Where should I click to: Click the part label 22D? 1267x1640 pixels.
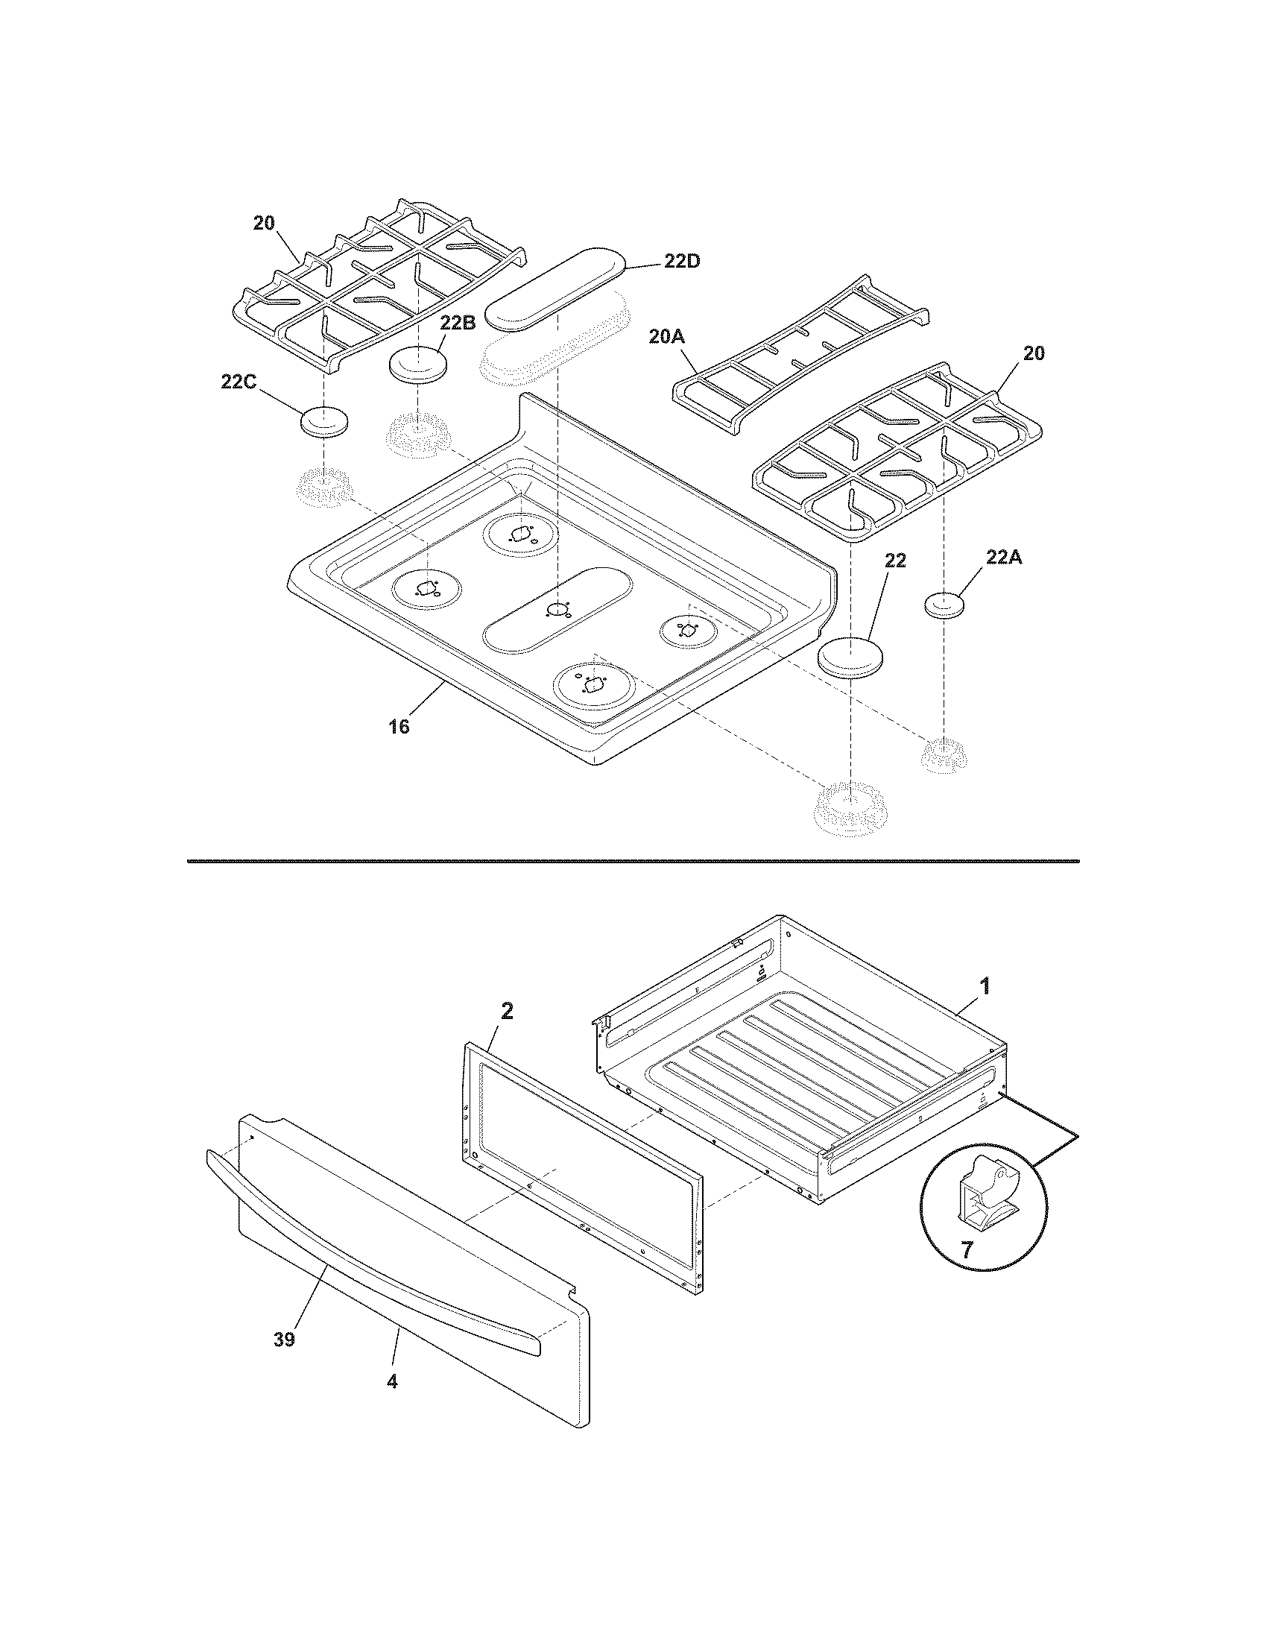point(681,262)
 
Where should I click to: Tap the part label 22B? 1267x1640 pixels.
point(457,324)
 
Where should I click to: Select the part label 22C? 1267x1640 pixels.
point(238,382)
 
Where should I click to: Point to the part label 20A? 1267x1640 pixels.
point(666,338)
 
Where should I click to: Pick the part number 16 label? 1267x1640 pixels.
point(399,726)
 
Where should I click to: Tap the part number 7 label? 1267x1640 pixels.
point(967,1250)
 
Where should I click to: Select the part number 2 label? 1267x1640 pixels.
point(507,1012)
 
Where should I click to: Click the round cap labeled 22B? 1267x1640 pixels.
point(418,365)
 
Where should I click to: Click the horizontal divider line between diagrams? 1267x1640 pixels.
point(633,860)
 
